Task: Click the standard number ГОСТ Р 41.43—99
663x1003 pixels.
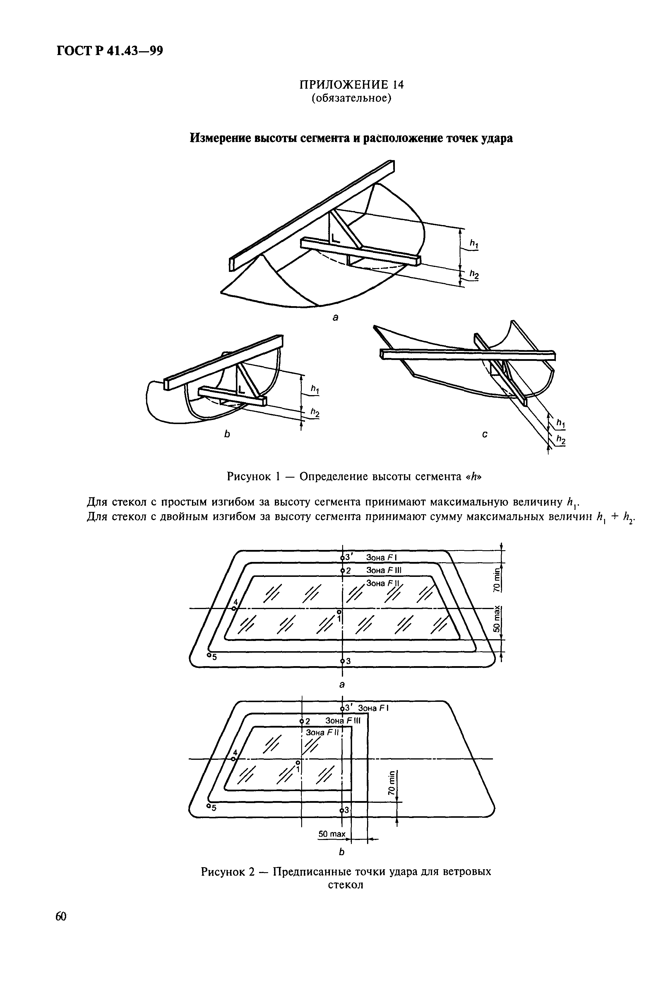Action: (109, 51)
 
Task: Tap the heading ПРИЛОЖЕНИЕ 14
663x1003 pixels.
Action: (351, 85)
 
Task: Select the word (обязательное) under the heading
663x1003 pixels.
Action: (351, 99)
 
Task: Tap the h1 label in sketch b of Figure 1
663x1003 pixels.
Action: (315, 388)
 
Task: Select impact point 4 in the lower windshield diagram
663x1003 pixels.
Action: (233, 759)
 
